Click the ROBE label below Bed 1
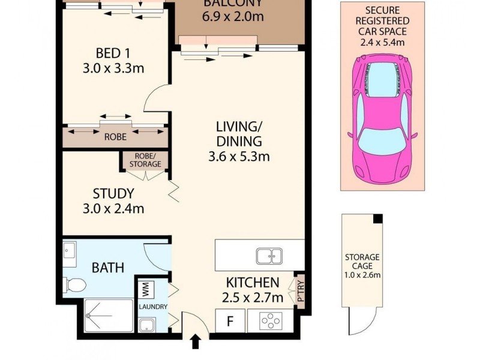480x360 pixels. point(115,137)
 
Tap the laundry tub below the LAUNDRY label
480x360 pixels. point(147,325)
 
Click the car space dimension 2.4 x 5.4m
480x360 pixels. point(381,43)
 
